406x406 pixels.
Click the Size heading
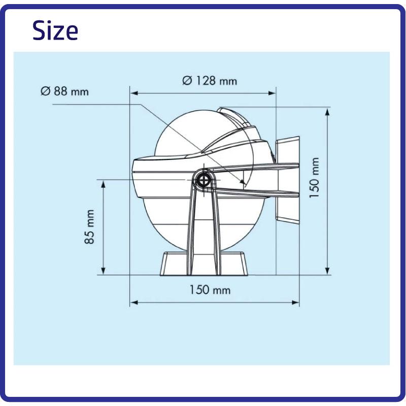point(55,30)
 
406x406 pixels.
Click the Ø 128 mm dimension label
point(210,81)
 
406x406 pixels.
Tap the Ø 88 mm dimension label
point(65,91)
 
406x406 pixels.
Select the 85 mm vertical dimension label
point(89,227)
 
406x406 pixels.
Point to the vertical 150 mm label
point(314,178)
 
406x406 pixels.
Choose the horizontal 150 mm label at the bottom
point(210,290)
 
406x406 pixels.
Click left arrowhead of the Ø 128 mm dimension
point(133,93)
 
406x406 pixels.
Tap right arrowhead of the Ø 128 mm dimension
point(272,93)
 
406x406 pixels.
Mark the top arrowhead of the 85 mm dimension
point(104,184)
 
